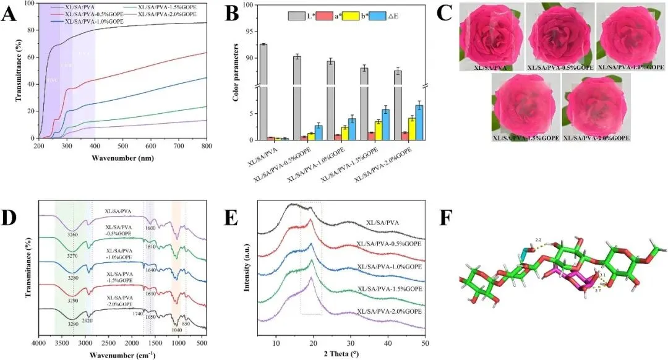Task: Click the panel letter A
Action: click(9, 14)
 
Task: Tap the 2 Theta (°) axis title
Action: click(338, 354)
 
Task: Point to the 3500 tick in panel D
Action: click(62, 343)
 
